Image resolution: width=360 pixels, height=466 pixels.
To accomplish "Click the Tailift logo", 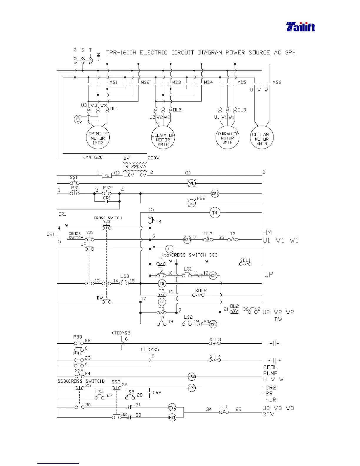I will tap(301, 27).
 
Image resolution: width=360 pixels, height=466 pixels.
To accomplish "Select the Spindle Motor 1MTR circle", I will tap(98, 138).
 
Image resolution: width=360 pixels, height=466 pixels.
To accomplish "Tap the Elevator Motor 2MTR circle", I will tap(163, 138).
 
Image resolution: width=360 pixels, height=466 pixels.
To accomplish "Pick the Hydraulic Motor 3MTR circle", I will tap(227, 138).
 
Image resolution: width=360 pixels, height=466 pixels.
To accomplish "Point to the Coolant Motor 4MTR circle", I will tap(262, 138).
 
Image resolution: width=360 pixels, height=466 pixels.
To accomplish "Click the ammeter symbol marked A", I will tap(78, 119).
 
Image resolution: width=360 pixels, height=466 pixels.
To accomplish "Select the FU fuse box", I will tap(107, 175).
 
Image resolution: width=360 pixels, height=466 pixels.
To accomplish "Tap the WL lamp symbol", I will tap(191, 184).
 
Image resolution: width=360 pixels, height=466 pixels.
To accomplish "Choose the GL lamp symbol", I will tap(191, 203).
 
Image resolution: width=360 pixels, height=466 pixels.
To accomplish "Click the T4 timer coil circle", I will tap(215, 213).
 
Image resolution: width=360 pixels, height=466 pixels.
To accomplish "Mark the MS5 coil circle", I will tap(187, 240).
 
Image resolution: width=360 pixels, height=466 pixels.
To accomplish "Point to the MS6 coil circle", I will tap(191, 377).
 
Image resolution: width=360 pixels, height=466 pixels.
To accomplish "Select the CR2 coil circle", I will tap(191, 388).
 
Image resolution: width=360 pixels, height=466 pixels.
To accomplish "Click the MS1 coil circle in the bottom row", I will tap(172, 417).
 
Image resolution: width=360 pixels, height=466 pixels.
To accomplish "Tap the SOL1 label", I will tap(245, 260).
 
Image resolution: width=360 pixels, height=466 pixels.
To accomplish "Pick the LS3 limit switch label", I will tap(125, 276).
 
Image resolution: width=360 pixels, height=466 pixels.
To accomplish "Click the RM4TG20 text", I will tap(92, 157).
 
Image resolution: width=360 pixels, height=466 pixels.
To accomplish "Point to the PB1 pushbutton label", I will tap(75, 188).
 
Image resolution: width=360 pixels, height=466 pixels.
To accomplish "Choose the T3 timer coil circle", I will tap(162, 302).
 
